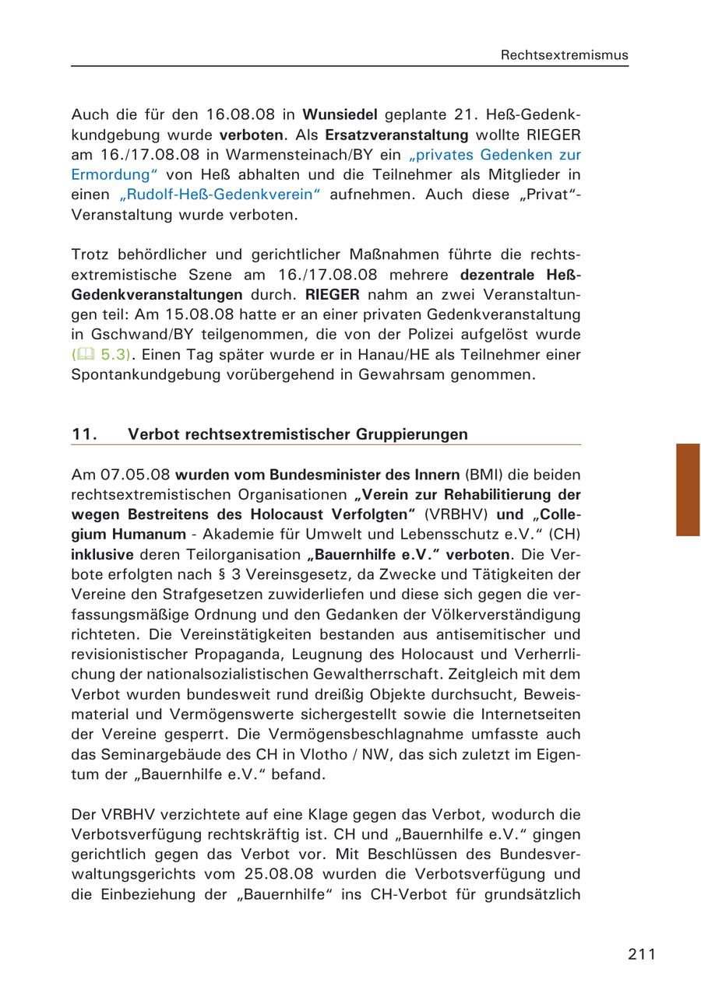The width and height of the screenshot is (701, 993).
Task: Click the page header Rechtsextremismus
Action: pyautogui.click(x=564, y=55)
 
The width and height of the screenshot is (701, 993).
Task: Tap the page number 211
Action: pyautogui.click(x=642, y=954)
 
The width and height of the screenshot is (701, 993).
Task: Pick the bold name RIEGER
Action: pyautogui.click(x=333, y=295)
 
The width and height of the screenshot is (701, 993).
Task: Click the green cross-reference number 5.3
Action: pyautogui.click(x=112, y=355)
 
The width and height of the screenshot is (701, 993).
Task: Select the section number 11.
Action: pyautogui.click(x=84, y=434)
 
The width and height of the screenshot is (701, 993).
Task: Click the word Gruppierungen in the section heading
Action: pyautogui.click(x=412, y=434)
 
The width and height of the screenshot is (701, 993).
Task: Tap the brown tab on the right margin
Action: pyautogui.click(x=688, y=489)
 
